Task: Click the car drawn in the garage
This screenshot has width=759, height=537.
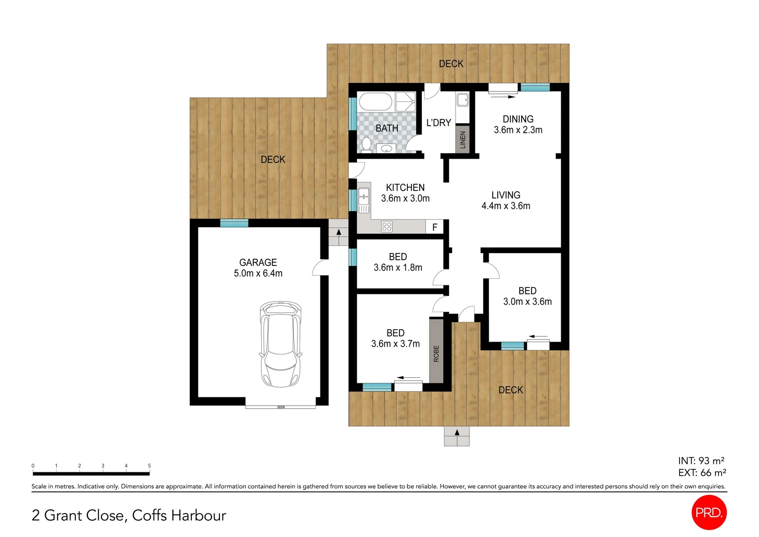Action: pyautogui.click(x=280, y=344)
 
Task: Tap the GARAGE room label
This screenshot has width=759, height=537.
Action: pyautogui.click(x=258, y=263)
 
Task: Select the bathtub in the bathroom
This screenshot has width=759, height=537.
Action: pyautogui.click(x=376, y=102)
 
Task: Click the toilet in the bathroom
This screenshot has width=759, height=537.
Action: pyautogui.click(x=367, y=144)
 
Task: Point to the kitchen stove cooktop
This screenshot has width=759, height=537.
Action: pyautogui.click(x=386, y=227)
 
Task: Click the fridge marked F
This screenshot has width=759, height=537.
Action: pyautogui.click(x=435, y=227)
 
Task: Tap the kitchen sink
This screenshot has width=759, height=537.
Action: pyautogui.click(x=364, y=199)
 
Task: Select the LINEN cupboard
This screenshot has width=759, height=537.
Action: pyautogui.click(x=462, y=139)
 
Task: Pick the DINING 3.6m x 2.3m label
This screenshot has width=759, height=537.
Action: pyautogui.click(x=518, y=124)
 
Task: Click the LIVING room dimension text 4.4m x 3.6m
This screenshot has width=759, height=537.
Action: pyautogui.click(x=506, y=206)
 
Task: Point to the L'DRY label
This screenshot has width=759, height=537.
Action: pyautogui.click(x=439, y=123)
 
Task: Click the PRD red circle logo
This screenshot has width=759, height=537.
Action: pyautogui.click(x=709, y=513)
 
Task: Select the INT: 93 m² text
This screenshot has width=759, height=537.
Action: pyautogui.click(x=701, y=461)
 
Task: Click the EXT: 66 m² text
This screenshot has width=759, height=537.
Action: pyautogui.click(x=702, y=473)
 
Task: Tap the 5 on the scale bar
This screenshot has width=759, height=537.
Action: pyautogui.click(x=149, y=466)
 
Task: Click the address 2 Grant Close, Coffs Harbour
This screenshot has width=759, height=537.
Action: pyautogui.click(x=129, y=515)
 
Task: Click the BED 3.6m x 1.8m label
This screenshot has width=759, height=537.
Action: pyautogui.click(x=398, y=262)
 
